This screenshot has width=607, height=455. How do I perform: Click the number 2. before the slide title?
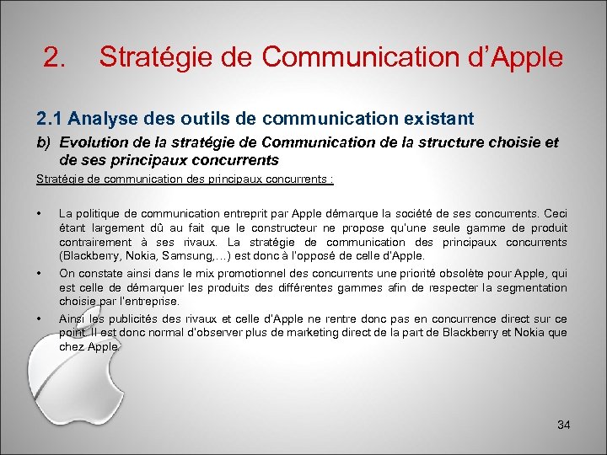coord(55,57)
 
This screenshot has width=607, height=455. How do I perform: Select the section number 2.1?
coord(48,119)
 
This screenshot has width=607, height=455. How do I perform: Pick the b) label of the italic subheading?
coord(43,142)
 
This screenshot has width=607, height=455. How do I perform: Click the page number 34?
coord(564,425)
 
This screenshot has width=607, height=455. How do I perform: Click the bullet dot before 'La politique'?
coord(39,214)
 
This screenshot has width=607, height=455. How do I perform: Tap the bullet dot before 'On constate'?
coord(39,273)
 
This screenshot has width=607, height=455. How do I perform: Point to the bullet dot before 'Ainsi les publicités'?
coord(39,318)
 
